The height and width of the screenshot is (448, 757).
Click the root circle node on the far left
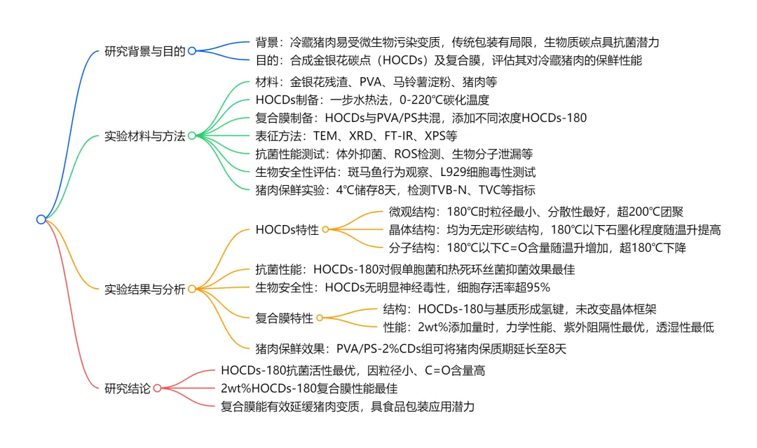41,219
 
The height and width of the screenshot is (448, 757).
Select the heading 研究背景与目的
144,51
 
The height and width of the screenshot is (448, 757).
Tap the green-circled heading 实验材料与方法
144,136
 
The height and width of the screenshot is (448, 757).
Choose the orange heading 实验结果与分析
144,288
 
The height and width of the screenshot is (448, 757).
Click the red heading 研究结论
127,388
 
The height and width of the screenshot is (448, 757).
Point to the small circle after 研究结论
157,388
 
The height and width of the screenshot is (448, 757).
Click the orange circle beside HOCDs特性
325,229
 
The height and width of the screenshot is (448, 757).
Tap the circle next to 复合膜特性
320,318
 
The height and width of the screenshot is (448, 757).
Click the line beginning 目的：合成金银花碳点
449,60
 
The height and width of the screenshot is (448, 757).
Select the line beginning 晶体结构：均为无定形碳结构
554,229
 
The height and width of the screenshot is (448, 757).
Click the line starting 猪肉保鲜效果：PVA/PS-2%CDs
411,348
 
